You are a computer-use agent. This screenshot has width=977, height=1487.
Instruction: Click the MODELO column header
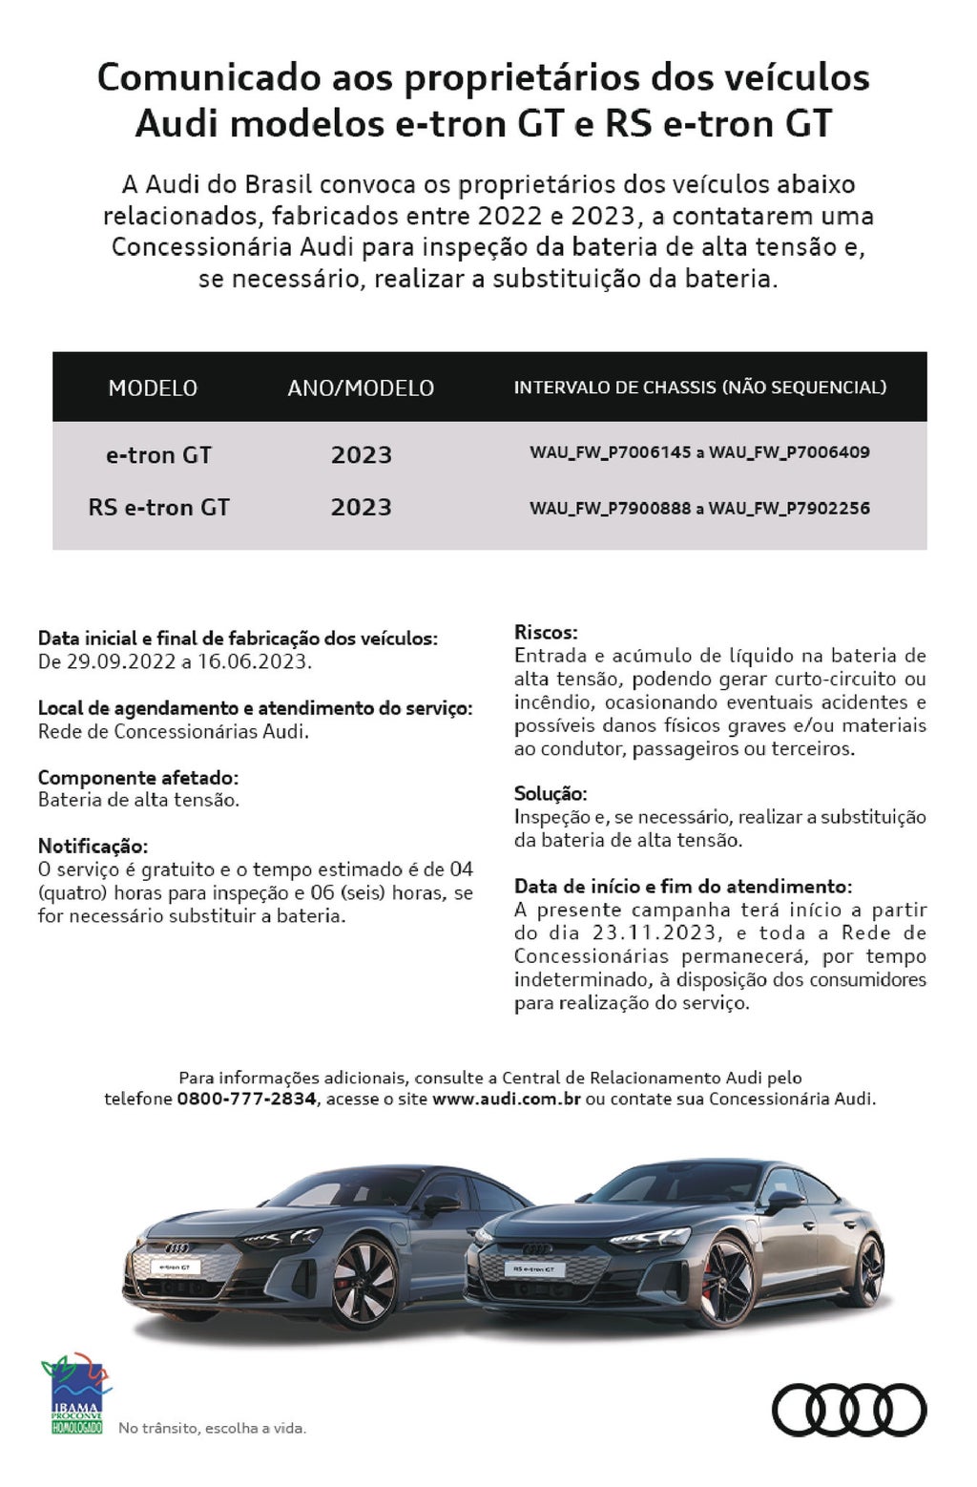click(x=153, y=387)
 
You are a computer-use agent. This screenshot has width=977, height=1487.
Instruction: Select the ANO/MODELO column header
click(x=361, y=387)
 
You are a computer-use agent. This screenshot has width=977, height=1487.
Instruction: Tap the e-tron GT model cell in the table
click(x=158, y=455)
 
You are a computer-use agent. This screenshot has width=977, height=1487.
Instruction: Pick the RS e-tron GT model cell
click(x=158, y=507)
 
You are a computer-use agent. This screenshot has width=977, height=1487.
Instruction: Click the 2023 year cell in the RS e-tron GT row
click(x=361, y=507)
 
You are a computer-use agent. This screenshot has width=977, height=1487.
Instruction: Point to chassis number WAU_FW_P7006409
click(x=789, y=452)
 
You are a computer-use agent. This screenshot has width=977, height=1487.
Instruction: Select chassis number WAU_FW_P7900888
click(x=611, y=509)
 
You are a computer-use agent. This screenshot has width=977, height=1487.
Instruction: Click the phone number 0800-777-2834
click(x=246, y=1099)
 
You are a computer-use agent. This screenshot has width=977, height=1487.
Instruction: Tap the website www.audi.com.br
click(x=507, y=1099)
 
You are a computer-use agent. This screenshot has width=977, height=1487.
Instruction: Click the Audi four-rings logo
click(x=848, y=1410)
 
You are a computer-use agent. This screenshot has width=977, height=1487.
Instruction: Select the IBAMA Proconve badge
click(x=76, y=1395)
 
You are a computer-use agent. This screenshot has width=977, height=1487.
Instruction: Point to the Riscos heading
click(x=546, y=632)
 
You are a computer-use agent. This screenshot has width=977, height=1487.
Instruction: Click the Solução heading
click(x=551, y=793)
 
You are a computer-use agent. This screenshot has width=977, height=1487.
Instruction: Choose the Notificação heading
click(x=94, y=846)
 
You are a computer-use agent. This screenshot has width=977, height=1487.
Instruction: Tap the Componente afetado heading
click(x=138, y=777)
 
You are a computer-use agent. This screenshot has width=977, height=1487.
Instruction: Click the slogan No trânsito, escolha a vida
click(x=212, y=1429)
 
